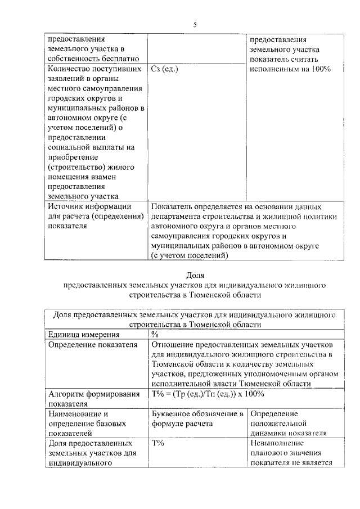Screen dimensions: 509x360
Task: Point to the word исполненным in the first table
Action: click(273, 69)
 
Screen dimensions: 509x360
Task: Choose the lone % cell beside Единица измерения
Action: click(155, 334)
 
